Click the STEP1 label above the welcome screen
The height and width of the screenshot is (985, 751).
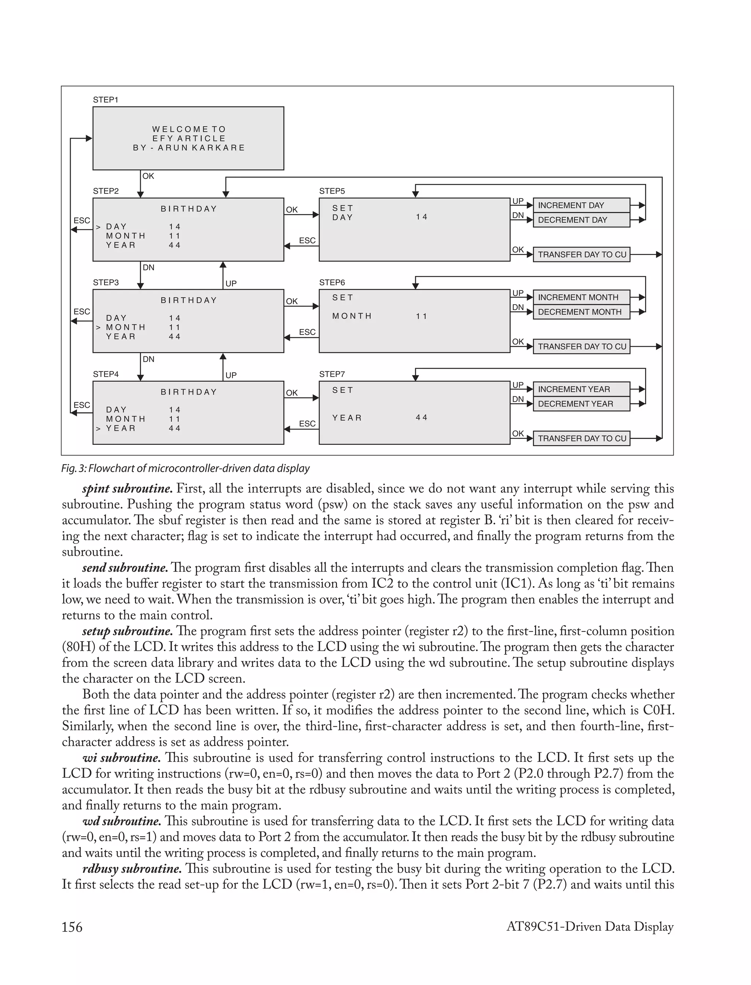click(x=106, y=100)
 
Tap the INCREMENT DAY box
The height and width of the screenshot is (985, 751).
click(x=581, y=205)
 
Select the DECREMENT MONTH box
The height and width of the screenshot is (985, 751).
click(x=581, y=312)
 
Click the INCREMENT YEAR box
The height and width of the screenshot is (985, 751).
click(x=581, y=389)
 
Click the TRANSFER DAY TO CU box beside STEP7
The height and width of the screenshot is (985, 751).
click(x=581, y=439)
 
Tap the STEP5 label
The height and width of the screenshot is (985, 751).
click(x=332, y=191)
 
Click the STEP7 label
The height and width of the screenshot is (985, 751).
click(x=332, y=374)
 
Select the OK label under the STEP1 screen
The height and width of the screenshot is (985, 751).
click(x=148, y=176)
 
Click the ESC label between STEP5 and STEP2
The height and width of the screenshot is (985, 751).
click(x=307, y=241)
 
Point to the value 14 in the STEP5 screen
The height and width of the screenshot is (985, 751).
click(x=422, y=217)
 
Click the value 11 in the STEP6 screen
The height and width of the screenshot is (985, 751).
click(x=422, y=316)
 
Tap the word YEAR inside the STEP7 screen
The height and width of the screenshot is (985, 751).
click(x=347, y=418)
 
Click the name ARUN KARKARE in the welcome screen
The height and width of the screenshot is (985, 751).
click(x=201, y=148)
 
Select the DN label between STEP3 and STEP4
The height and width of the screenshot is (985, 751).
click(x=149, y=359)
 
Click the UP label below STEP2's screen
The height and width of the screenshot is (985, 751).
click(x=231, y=284)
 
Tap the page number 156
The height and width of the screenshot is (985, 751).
click(x=72, y=927)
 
